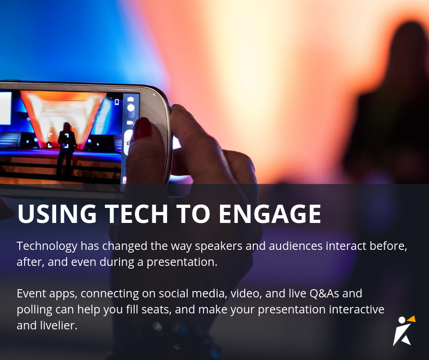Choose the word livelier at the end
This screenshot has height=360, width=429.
tap(58, 326)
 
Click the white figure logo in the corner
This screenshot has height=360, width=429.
tap(402, 333)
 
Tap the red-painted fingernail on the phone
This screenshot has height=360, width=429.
tap(142, 128)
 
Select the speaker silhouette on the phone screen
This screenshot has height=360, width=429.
tap(66, 146)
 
